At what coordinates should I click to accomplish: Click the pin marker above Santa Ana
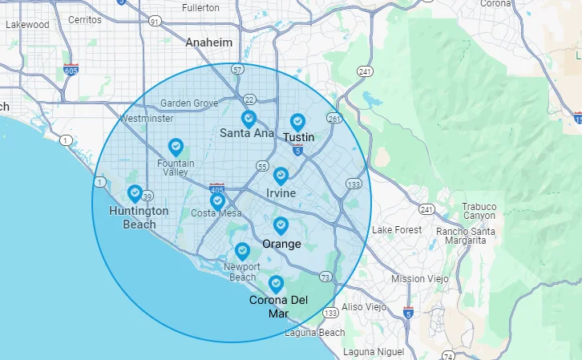(x=249, y=119)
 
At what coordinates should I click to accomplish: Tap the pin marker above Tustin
(x=298, y=122)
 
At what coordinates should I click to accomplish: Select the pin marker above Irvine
(x=281, y=176)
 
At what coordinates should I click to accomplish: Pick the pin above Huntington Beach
(x=135, y=193)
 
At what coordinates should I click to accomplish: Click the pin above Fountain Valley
(x=176, y=147)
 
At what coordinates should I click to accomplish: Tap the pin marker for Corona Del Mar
(x=277, y=283)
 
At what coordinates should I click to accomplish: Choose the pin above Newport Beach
(x=242, y=251)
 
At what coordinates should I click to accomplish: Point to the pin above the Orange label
(x=281, y=226)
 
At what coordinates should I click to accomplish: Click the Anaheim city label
(x=208, y=42)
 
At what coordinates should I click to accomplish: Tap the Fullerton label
(x=200, y=7)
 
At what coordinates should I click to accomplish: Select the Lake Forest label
(x=396, y=230)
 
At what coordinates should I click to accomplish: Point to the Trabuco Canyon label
(x=479, y=211)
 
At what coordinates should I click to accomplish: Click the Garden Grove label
(x=189, y=103)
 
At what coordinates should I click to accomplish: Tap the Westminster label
(x=146, y=119)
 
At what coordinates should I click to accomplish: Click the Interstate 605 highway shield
(x=71, y=69)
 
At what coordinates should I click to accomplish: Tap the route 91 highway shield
(x=153, y=22)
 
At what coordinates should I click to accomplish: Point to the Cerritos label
(x=85, y=18)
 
